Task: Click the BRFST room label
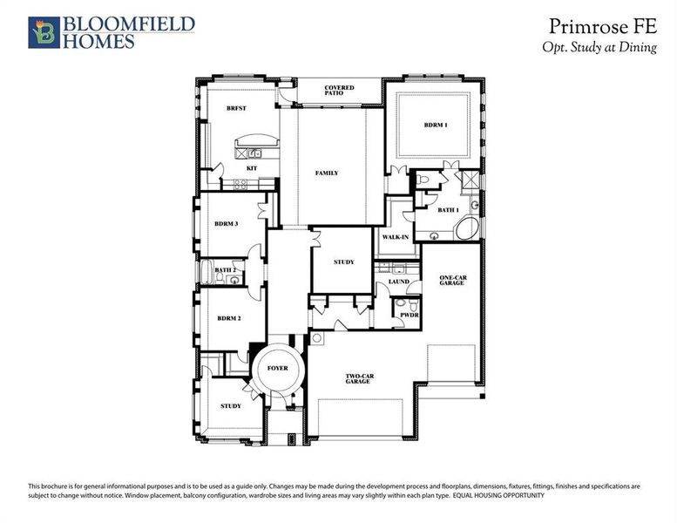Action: click(236, 107)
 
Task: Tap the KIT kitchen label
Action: click(251, 167)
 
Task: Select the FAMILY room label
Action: click(327, 173)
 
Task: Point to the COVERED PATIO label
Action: click(339, 91)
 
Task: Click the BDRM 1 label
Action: click(436, 126)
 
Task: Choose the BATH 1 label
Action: click(447, 209)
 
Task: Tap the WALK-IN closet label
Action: click(396, 237)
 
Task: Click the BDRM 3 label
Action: click(227, 224)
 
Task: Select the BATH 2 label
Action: click(226, 270)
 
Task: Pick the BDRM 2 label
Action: click(228, 318)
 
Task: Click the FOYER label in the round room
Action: click(277, 369)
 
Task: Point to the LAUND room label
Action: click(398, 282)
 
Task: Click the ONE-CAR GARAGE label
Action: click(451, 280)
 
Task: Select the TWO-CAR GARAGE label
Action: click(359, 379)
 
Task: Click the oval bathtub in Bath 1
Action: click(464, 230)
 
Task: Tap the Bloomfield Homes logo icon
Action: click(42, 32)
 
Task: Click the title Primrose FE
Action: click(603, 25)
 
